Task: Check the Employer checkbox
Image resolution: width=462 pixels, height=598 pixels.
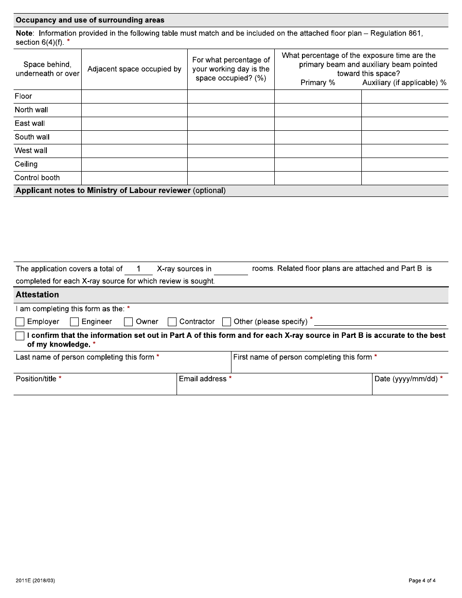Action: [x=20, y=322]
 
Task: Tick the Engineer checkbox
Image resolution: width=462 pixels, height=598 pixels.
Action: [x=74, y=322]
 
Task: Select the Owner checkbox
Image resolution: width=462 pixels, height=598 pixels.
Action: [x=128, y=322]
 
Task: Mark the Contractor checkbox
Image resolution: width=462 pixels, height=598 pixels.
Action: [x=172, y=322]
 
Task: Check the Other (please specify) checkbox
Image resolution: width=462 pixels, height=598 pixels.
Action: [x=227, y=322]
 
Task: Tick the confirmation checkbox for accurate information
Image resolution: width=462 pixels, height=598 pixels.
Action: [x=20, y=336]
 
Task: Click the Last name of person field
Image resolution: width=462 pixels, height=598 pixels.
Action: [x=122, y=366]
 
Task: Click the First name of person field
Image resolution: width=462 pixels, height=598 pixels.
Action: [x=339, y=366]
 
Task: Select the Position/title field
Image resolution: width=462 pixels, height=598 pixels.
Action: [x=95, y=388]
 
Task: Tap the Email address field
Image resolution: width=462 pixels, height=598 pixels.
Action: [x=274, y=388]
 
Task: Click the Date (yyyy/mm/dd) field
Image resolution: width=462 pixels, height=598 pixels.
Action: [x=409, y=388]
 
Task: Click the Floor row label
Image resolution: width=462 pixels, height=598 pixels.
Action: [x=23, y=96]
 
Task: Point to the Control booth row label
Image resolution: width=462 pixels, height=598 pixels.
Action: [x=37, y=178]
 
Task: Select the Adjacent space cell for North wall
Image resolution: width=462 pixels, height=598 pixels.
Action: [x=134, y=110]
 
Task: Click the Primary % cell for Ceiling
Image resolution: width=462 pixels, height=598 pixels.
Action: [x=318, y=164]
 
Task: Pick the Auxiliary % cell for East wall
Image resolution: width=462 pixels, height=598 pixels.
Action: [x=405, y=123]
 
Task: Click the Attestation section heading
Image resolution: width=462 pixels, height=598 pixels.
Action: [x=37, y=295]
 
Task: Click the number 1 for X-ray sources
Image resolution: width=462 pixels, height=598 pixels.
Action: [x=139, y=269]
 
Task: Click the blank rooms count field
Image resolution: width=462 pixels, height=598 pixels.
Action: [x=231, y=269]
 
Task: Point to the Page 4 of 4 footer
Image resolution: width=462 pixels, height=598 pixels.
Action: [x=422, y=580]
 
